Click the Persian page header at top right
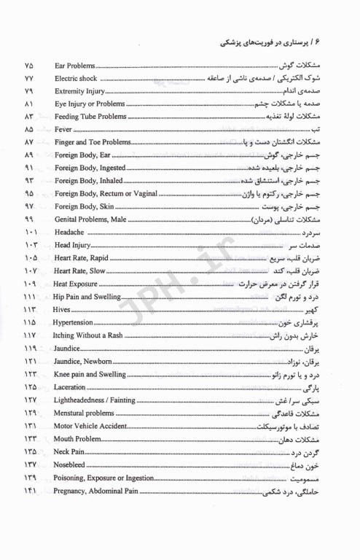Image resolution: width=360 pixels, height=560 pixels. point(291,42)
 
